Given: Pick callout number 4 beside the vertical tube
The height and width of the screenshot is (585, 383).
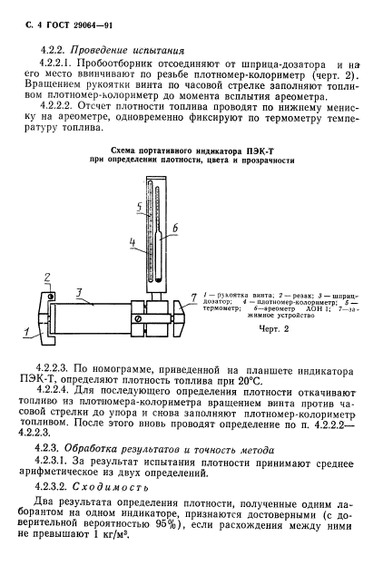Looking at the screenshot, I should point(132,242).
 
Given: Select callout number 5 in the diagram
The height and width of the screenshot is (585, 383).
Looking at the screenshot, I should point(139,208).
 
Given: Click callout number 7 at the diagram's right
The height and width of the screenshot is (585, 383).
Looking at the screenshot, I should point(193,297).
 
